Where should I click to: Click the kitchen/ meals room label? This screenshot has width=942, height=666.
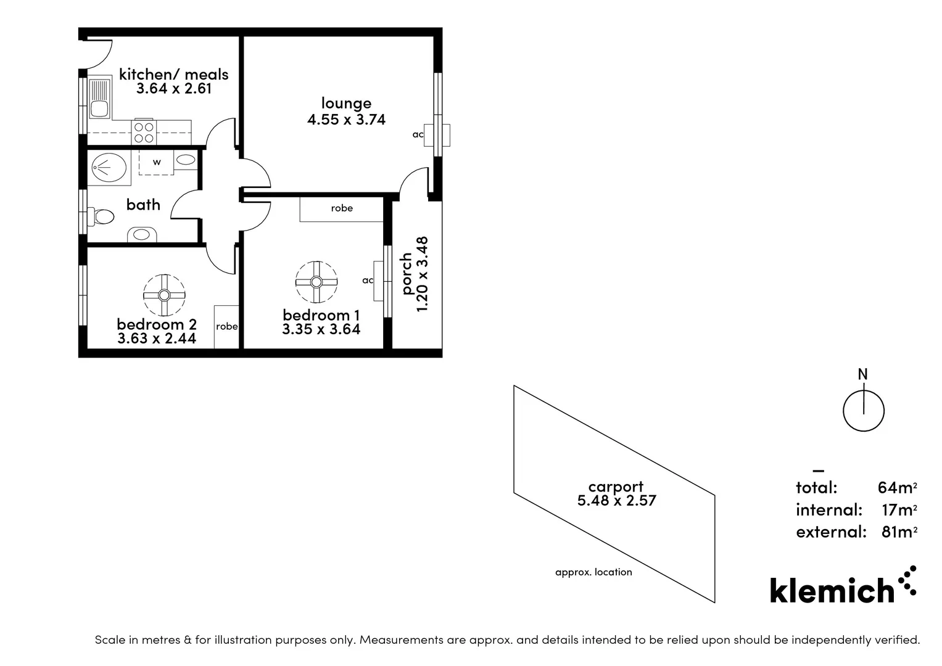[x=173, y=74]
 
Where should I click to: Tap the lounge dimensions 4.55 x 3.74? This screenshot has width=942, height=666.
[x=346, y=120]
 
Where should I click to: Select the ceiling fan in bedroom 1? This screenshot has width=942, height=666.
[x=316, y=282]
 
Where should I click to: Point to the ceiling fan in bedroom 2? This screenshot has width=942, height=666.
[x=164, y=295]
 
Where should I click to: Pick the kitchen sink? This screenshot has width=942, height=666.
[x=99, y=102]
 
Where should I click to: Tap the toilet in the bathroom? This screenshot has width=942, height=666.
[x=101, y=217]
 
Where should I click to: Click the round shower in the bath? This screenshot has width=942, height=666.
[x=109, y=167]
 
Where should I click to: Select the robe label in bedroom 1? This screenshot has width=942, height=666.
[x=342, y=208]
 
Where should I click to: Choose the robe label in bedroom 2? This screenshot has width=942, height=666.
[x=226, y=326]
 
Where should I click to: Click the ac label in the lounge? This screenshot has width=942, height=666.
[x=418, y=134]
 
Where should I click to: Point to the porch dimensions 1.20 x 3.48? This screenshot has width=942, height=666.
[x=423, y=274]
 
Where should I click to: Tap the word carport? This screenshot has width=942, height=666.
[x=616, y=487]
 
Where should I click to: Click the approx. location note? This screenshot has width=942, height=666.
[x=593, y=572]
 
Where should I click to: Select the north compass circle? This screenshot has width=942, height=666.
[x=864, y=411]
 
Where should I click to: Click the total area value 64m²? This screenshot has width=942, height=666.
[x=897, y=488]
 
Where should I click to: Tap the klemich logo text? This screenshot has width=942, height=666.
[x=832, y=591]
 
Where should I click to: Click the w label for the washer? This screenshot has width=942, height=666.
[x=157, y=162]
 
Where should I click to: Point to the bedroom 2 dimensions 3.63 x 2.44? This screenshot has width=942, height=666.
[x=157, y=338]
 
